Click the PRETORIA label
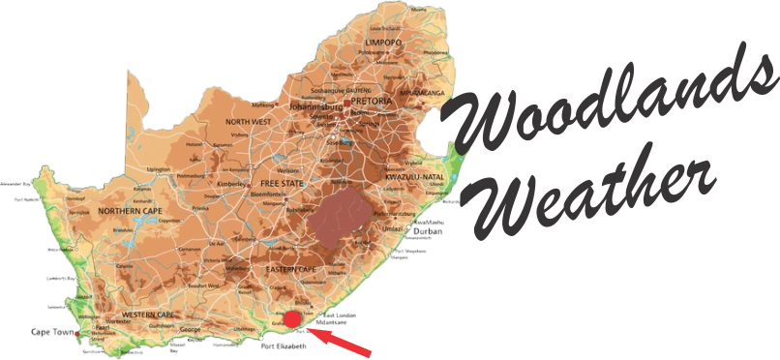pyautogui.click(x=373, y=101)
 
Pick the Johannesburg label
pyautogui.click(x=317, y=105)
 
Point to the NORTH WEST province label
pyautogui.click(x=248, y=122)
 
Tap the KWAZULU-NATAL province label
pyautogui.click(x=414, y=180)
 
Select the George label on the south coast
pyautogui.click(x=191, y=330)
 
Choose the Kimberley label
pyautogui.click(x=229, y=182)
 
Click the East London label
pyautogui.click(x=345, y=316)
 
